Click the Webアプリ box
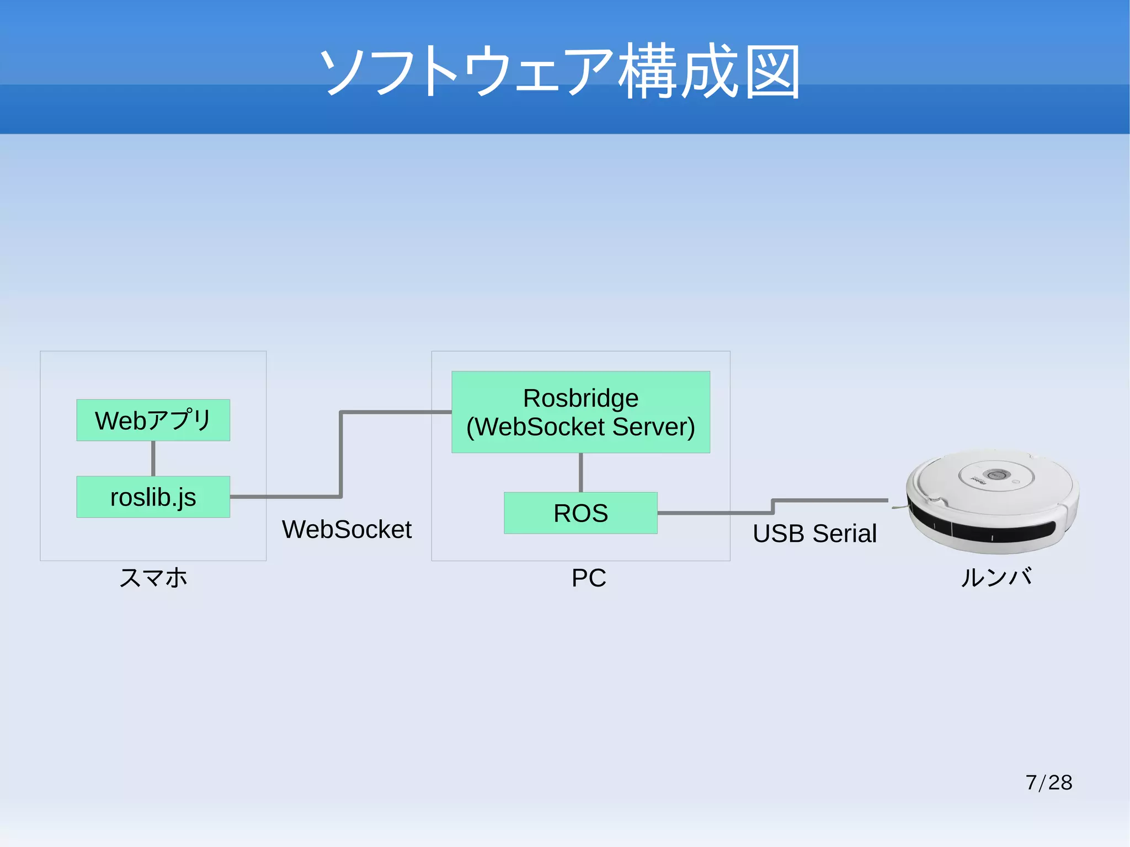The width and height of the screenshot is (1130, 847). tap(153, 420)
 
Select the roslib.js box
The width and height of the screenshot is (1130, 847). tap(153, 497)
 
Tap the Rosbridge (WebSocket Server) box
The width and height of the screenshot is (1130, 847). tap(580, 412)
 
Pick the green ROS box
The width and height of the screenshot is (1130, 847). tap(580, 513)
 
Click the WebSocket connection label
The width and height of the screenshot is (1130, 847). tap(347, 529)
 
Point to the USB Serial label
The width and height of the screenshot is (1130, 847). tap(814, 534)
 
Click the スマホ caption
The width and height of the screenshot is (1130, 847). tap(153, 578)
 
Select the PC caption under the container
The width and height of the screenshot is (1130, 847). tap(589, 578)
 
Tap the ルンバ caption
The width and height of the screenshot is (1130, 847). tap(996, 578)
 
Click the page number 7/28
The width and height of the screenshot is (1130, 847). tap(1048, 782)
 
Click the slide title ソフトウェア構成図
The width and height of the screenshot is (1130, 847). tap(559, 72)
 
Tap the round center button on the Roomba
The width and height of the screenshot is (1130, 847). tap(996, 474)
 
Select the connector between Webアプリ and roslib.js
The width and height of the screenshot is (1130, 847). tap(153, 458)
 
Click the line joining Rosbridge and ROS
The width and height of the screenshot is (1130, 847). tap(580, 472)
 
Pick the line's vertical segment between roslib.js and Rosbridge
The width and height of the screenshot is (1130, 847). tap(341, 454)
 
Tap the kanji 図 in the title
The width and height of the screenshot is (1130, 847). tap(772, 72)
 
